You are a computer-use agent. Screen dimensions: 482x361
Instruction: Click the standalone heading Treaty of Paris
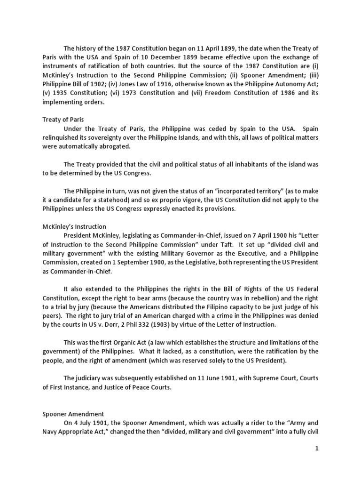click(63, 120)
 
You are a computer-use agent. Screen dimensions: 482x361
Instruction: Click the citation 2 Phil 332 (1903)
click(143, 324)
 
